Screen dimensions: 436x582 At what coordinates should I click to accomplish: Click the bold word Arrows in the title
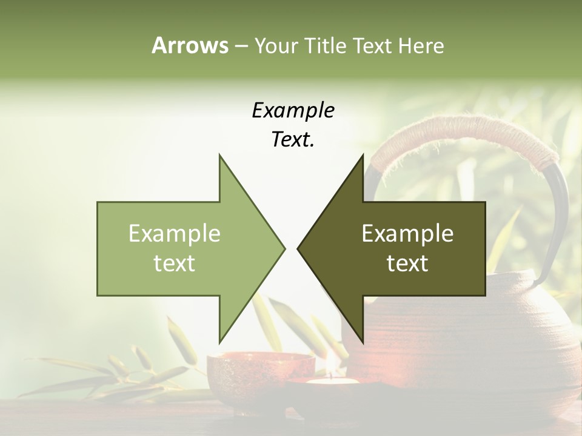pyautogui.click(x=189, y=45)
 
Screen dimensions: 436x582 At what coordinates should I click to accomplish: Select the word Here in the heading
pyautogui.click(x=421, y=45)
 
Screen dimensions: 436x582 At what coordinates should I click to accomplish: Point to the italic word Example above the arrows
pyautogui.click(x=293, y=110)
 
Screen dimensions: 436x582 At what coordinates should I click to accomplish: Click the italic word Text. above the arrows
pyautogui.click(x=293, y=140)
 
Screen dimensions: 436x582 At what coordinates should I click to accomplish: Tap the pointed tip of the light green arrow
pyautogui.click(x=283, y=248)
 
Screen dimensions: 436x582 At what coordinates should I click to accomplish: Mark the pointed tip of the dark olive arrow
pyautogui.click(x=299, y=248)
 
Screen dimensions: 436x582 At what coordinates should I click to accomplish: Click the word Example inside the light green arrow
pyautogui.click(x=175, y=234)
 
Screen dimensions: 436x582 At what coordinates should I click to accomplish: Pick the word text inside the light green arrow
pyautogui.click(x=175, y=263)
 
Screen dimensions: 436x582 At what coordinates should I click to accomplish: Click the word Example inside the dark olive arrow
pyautogui.click(x=407, y=234)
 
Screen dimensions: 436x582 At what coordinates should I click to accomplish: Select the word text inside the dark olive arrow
pyautogui.click(x=407, y=263)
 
